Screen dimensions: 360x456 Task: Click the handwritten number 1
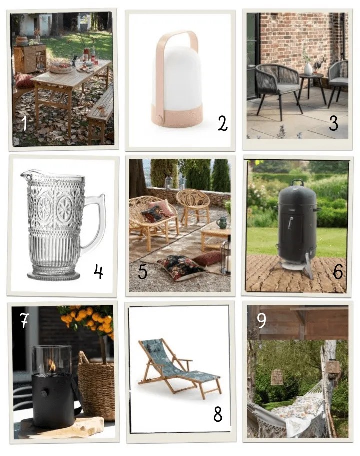pyautogui.click(x=25, y=123)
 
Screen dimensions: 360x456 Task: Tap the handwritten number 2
pyautogui.click(x=222, y=123)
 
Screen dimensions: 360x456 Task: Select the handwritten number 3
pyautogui.click(x=334, y=123)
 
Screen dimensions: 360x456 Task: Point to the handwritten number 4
pyautogui.click(x=98, y=271)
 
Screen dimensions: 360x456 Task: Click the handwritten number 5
pyautogui.click(x=142, y=271)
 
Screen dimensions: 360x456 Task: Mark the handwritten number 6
pyautogui.click(x=338, y=271)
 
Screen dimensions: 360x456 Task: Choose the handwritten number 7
pyautogui.click(x=24, y=320)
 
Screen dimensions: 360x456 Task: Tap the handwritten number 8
pyautogui.click(x=218, y=414)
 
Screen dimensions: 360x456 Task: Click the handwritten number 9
pyautogui.click(x=261, y=320)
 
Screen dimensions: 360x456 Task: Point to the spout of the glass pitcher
pyautogui.click(x=24, y=174)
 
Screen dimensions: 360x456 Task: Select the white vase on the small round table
pyautogui.click(x=308, y=69)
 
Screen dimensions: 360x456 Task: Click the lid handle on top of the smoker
pyautogui.click(x=297, y=182)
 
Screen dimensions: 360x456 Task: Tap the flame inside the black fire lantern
pyautogui.click(x=52, y=365)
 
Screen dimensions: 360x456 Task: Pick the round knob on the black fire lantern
pyautogui.click(x=44, y=393)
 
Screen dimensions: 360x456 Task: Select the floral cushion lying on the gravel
pyautogui.click(x=180, y=267)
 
